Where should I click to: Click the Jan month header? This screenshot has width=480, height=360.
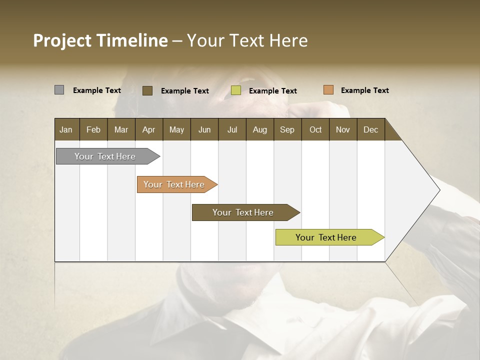[66, 129]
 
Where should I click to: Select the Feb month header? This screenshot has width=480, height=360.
[93, 129]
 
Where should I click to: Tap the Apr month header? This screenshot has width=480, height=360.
[148, 129]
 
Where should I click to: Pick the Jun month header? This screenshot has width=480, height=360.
[204, 129]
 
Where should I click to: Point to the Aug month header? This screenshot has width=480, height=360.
[259, 129]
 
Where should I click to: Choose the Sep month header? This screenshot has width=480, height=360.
[287, 129]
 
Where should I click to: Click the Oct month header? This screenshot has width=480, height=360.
[315, 129]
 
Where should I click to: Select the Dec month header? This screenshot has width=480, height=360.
[370, 129]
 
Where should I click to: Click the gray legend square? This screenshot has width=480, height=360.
[59, 90]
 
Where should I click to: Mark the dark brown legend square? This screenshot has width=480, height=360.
[147, 90]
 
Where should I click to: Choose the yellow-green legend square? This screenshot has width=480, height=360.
[236, 90]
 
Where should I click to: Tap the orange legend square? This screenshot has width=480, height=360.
[328, 90]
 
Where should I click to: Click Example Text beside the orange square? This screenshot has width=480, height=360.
[364, 90]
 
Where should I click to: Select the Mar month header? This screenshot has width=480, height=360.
[121, 129]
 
